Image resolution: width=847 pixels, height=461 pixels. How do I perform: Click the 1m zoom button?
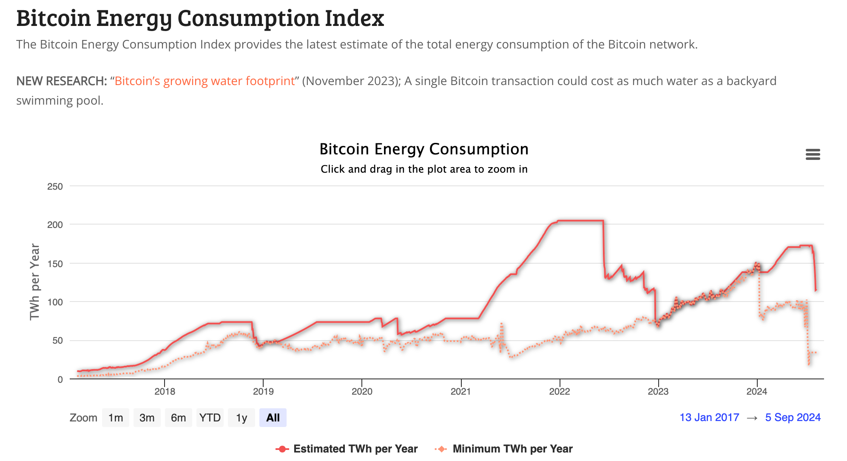coord(116,418)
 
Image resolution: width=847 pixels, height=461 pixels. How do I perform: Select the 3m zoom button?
coord(147,418)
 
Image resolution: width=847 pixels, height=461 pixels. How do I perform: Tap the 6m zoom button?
coord(179,418)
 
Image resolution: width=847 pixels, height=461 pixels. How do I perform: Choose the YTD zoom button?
coord(210,418)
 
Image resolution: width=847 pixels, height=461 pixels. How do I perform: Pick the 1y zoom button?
coord(242,418)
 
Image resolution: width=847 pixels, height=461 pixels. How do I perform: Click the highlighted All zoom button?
coord(273,418)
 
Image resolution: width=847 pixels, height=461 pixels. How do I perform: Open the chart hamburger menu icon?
coord(813,154)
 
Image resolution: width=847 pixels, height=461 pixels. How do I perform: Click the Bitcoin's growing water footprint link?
coord(205,81)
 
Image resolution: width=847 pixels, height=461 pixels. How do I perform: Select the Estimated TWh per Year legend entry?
coord(347,449)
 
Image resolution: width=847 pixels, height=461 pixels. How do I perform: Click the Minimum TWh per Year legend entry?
coord(504,449)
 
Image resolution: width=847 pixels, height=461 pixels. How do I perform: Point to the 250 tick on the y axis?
coord(55,186)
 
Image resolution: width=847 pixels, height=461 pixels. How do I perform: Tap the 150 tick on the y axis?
coord(55,264)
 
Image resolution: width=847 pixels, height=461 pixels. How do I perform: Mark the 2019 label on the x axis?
coord(263,391)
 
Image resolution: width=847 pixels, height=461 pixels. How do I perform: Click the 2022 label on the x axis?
coord(560,391)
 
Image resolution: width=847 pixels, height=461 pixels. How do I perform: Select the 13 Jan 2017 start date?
coord(709,417)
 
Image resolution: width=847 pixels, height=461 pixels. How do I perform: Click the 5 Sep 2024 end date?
coord(793,417)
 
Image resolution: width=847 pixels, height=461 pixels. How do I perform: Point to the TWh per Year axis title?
coord(35,282)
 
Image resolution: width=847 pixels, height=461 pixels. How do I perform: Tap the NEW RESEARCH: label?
coord(62,81)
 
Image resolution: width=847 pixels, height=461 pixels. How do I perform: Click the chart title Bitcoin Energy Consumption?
coord(424,149)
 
